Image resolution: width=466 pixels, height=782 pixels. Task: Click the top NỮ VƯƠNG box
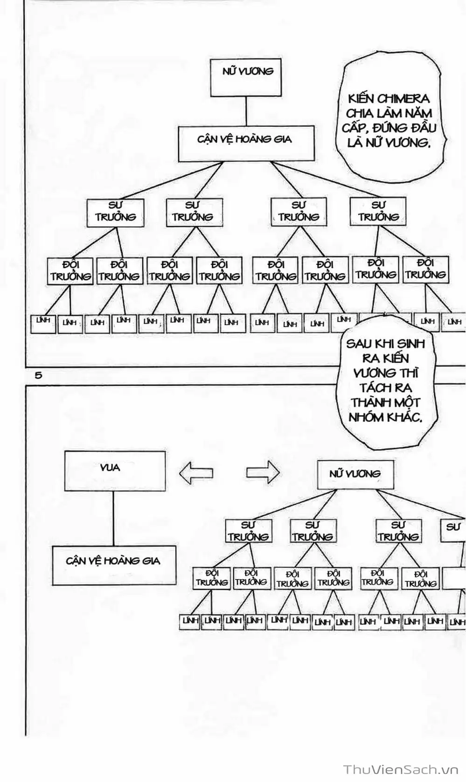pos(246,77)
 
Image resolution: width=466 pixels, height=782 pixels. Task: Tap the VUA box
pos(115,471)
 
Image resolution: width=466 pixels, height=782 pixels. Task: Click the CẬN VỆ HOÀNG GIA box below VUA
pos(114,565)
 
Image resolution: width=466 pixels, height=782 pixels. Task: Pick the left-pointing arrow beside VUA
pos(196,473)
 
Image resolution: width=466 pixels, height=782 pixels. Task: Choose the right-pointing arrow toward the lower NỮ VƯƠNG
pos(263,473)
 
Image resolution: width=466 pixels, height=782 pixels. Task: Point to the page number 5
pos(38,375)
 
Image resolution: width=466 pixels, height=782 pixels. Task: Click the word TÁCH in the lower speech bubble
pos(374,388)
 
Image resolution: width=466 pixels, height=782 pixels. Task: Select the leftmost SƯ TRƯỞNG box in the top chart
pos(115,213)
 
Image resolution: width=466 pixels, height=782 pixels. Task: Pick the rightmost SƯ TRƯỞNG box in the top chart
pos(378,211)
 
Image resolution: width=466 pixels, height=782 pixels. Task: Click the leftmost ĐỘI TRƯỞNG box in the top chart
pos(70,271)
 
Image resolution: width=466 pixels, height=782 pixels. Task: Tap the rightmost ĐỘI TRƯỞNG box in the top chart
pos(425,270)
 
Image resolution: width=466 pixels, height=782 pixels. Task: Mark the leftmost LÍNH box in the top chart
pos(43,323)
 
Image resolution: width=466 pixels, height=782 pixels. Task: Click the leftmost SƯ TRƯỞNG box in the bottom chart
pos(248,532)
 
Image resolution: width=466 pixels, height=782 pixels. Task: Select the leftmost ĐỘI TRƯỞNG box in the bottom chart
pos(212,578)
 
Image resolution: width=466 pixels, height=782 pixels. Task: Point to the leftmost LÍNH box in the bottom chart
pos(190,622)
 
